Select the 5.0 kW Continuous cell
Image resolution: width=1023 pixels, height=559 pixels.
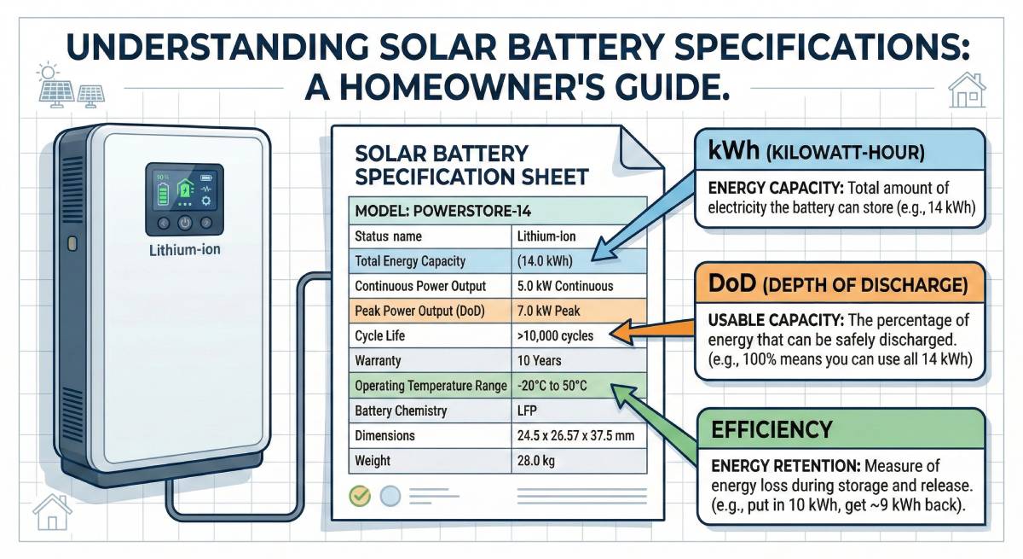(565, 287)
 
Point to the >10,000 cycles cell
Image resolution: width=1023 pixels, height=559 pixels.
(555, 336)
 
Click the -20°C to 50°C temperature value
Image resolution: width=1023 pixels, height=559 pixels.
(553, 386)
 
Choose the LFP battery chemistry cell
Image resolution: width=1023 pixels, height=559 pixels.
(529, 411)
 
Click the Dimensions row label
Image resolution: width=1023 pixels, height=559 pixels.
(384, 435)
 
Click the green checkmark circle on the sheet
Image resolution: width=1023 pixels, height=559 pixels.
(361, 495)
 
